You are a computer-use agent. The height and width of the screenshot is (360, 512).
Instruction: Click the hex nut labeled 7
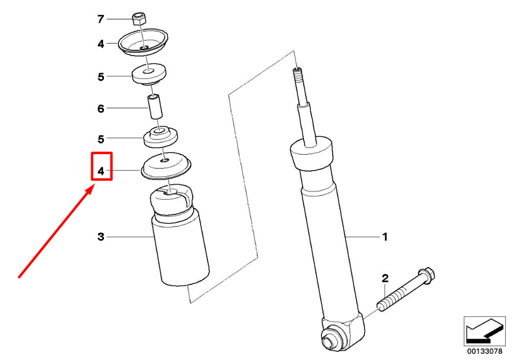coord(139,18)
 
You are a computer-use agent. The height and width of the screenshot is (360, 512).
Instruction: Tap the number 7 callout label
coord(100,19)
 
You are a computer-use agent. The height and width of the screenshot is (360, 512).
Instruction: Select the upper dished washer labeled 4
coord(143,43)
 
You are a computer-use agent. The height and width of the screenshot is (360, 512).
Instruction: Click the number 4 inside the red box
coord(101,171)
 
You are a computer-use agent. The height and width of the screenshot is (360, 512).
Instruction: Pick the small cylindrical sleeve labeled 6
coord(156,107)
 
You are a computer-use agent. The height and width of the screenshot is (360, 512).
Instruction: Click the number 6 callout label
coord(100,109)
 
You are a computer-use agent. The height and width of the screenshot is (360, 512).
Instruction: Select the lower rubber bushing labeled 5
coord(161,137)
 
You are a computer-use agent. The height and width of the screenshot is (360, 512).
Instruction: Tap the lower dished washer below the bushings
coord(166,166)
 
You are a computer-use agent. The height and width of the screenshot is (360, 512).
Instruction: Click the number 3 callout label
coord(100,237)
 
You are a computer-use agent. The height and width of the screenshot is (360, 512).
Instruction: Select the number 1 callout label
coord(385,237)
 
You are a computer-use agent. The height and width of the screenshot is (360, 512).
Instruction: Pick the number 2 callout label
coord(385,279)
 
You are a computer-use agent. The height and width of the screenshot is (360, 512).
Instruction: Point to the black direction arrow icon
coord(484,332)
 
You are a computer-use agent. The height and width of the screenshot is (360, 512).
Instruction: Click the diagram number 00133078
coord(484,351)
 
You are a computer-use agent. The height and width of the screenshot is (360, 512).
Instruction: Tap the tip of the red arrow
coord(94,185)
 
